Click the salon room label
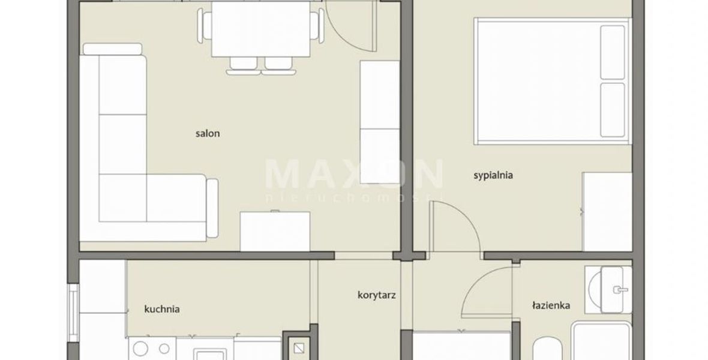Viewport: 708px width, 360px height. click(208, 133)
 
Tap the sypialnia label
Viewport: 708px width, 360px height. click(493, 175)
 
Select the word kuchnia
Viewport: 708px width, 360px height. click(162, 309)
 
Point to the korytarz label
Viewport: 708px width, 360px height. click(377, 295)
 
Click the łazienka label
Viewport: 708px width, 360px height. click(551, 305)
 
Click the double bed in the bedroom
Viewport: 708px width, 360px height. click(552, 82)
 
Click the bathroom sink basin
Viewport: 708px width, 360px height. click(608, 289)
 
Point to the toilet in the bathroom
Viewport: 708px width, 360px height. click(547, 350)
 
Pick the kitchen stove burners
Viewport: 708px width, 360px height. click(152, 349)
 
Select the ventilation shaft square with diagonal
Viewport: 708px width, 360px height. click(298, 348)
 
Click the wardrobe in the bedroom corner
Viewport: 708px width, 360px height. click(607, 211)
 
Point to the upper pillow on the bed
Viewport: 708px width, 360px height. click(613, 52)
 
